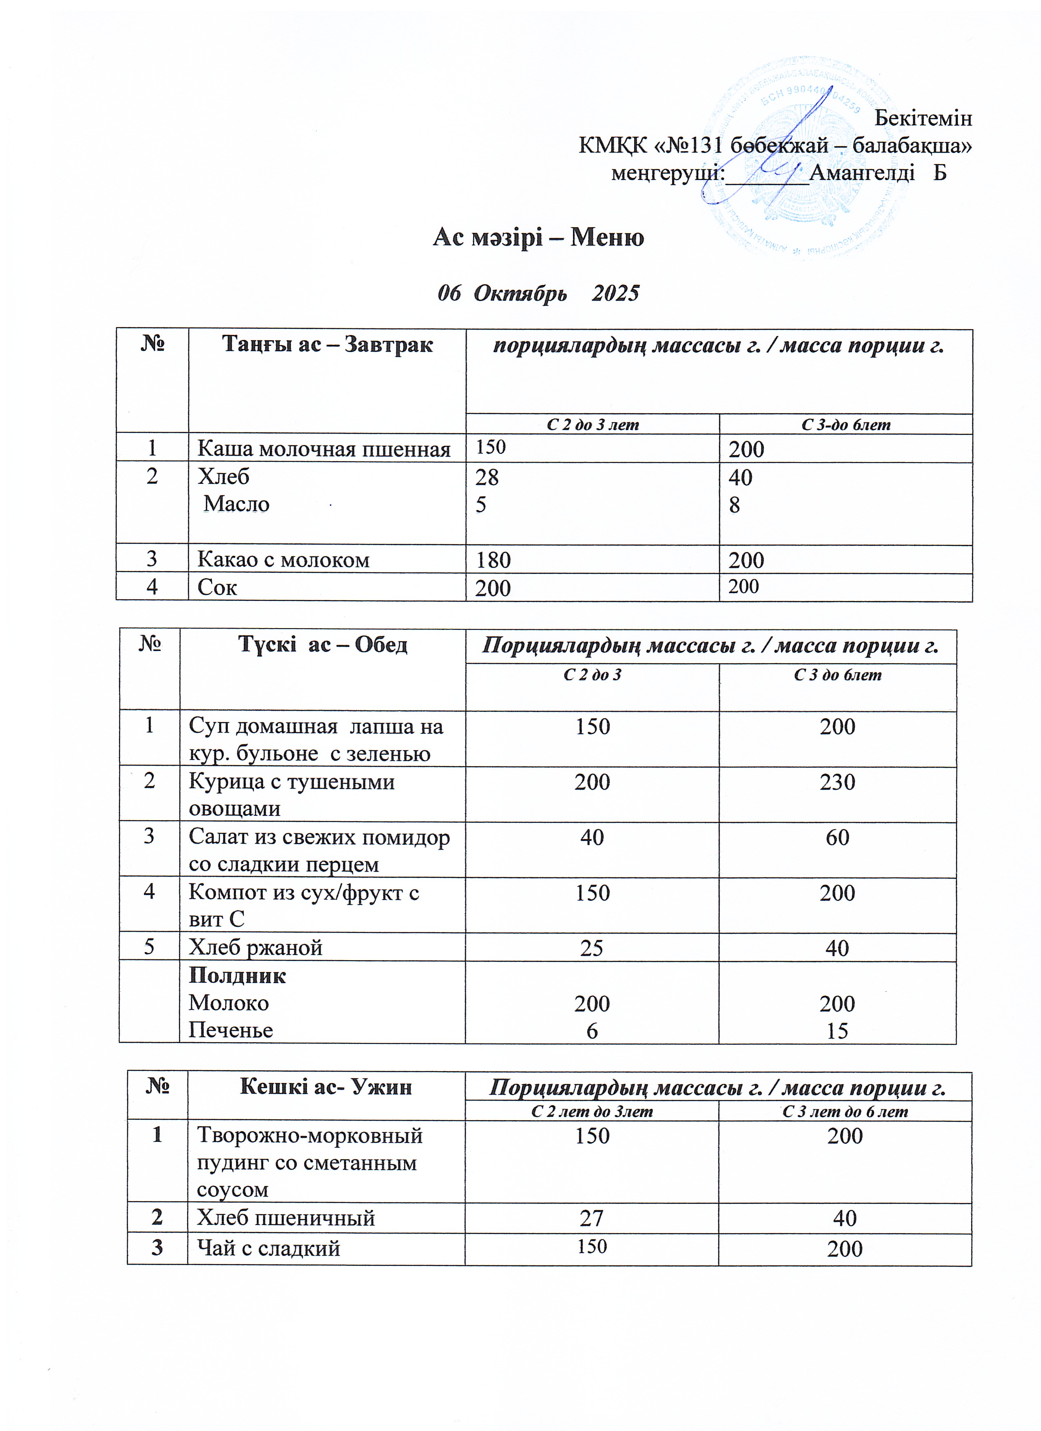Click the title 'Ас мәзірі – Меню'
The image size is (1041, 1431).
tap(538, 238)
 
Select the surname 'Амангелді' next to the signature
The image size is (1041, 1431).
tap(862, 172)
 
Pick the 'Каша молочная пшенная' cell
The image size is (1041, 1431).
tap(323, 449)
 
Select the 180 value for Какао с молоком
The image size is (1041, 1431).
tap(493, 560)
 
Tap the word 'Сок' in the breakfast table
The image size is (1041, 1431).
tap(217, 587)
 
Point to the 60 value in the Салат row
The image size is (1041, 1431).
tap(837, 837)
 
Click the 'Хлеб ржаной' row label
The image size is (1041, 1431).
tap(255, 947)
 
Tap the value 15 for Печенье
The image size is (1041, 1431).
tap(837, 1031)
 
